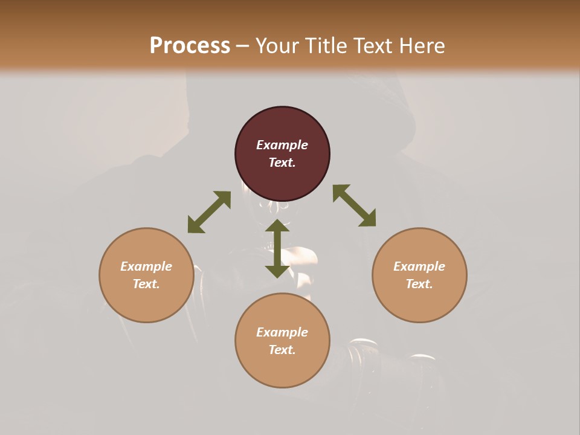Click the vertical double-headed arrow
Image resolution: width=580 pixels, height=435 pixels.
277,248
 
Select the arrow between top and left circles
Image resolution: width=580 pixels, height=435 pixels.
209,212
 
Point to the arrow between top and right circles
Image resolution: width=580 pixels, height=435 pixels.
355,205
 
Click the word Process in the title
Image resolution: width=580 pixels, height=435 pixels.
190,45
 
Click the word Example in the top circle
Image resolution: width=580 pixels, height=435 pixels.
282,145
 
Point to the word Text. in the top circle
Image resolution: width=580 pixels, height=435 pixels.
282,163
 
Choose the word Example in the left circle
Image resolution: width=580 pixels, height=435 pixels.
146,266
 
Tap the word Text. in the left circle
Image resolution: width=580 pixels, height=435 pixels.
146,284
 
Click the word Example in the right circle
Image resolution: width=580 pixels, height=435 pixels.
419,266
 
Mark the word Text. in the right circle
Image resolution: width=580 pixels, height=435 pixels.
419,284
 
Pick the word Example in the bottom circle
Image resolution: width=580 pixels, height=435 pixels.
282,332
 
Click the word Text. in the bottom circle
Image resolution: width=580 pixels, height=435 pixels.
282,350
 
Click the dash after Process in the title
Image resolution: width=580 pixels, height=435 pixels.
243,46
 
